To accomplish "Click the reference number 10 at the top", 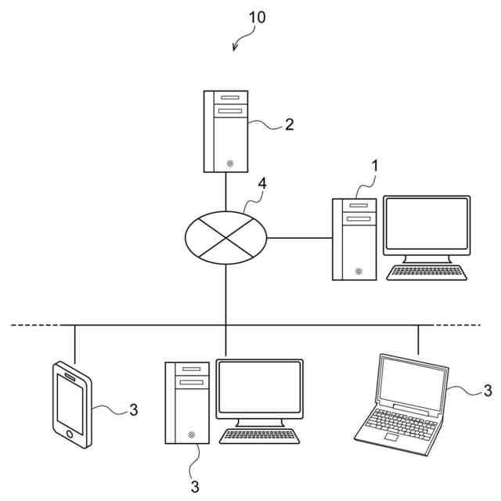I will (x=257, y=17).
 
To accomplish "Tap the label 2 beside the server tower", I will (x=289, y=125).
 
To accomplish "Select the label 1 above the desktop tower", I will (x=375, y=166).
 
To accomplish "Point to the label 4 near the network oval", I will (x=262, y=184).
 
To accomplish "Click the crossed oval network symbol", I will (x=225, y=234).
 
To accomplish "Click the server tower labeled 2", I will (x=225, y=131).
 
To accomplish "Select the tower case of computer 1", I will (x=354, y=239).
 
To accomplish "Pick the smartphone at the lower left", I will (x=71, y=404).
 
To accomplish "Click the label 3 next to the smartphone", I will (x=133, y=409).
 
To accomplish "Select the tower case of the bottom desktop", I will (x=187, y=402).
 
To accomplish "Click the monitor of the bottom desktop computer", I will (x=259, y=387).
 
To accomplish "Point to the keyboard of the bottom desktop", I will (x=260, y=436).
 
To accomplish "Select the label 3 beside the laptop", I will (x=487, y=389).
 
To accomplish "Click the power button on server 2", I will (x=230, y=164).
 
